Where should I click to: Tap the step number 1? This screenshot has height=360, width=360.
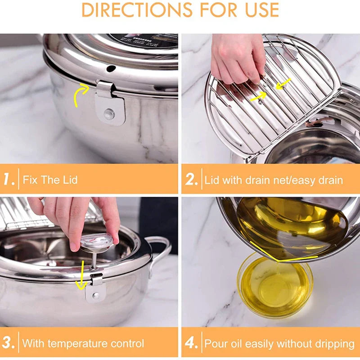(x=9, y=180)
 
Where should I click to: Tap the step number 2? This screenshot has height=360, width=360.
(x=191, y=180)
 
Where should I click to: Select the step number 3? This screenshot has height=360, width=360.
(x=9, y=343)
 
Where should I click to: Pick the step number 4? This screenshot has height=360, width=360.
(x=192, y=343)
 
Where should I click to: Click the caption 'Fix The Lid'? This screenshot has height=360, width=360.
(x=50, y=180)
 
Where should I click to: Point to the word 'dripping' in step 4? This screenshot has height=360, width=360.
(x=333, y=344)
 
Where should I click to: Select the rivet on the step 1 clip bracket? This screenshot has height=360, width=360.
(x=109, y=114)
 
